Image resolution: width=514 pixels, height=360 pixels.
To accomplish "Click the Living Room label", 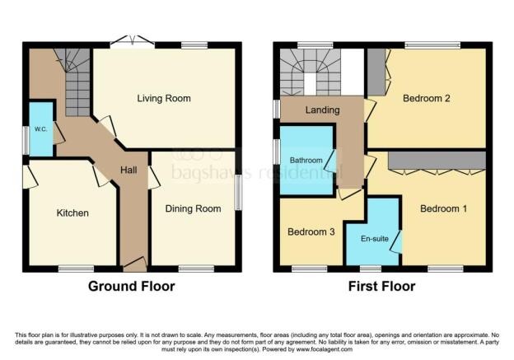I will click(163, 99).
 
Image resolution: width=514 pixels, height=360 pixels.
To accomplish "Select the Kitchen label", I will click(72, 213).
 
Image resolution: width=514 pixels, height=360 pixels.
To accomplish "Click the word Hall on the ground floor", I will click(130, 170).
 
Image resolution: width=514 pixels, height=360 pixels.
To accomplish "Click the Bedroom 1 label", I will click(443, 209).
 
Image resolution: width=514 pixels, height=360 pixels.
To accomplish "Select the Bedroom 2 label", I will click(425, 99).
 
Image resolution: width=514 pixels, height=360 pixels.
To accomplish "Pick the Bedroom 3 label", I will click(311, 232).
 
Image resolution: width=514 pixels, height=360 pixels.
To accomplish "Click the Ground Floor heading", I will click(133, 287).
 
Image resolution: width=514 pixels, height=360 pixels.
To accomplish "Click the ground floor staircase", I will click(73, 81).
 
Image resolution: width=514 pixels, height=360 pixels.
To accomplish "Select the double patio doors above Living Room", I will click(133, 43).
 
